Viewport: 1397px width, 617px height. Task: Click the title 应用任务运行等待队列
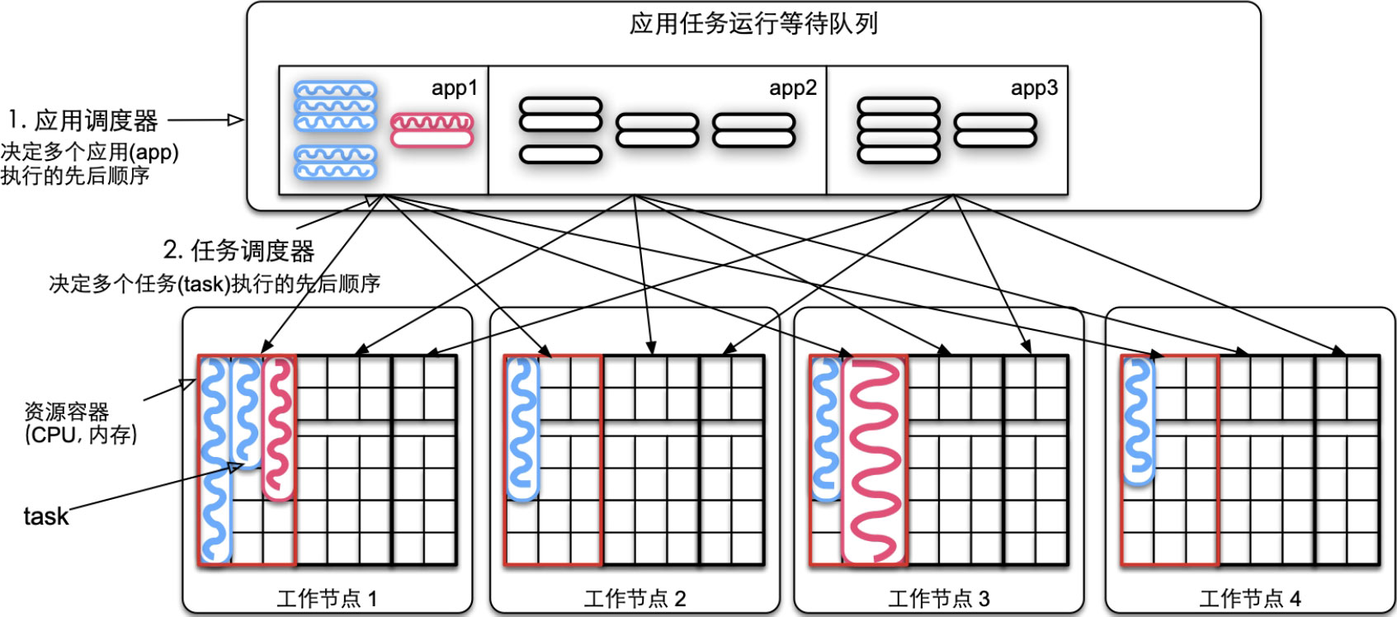point(753,24)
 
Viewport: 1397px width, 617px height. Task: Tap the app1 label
point(454,88)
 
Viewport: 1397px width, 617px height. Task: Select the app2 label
point(792,88)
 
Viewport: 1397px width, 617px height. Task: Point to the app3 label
point(1034,88)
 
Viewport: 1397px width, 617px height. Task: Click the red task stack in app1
point(432,130)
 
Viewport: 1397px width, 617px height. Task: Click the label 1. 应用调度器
point(83,121)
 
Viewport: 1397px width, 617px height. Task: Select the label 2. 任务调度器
point(238,251)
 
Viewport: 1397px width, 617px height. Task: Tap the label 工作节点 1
point(327,599)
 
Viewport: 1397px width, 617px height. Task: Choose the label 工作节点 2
point(635,599)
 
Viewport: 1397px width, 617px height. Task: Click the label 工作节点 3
point(938,599)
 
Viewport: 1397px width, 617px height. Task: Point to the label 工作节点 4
point(1249,599)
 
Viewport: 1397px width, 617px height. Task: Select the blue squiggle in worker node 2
point(522,429)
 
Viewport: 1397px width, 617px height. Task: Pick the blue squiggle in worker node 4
point(1137,421)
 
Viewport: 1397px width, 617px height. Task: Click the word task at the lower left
point(45,517)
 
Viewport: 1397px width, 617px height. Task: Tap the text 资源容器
point(66,412)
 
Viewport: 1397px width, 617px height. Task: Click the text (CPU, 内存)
point(81,435)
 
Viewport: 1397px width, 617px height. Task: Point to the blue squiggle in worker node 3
point(825,429)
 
